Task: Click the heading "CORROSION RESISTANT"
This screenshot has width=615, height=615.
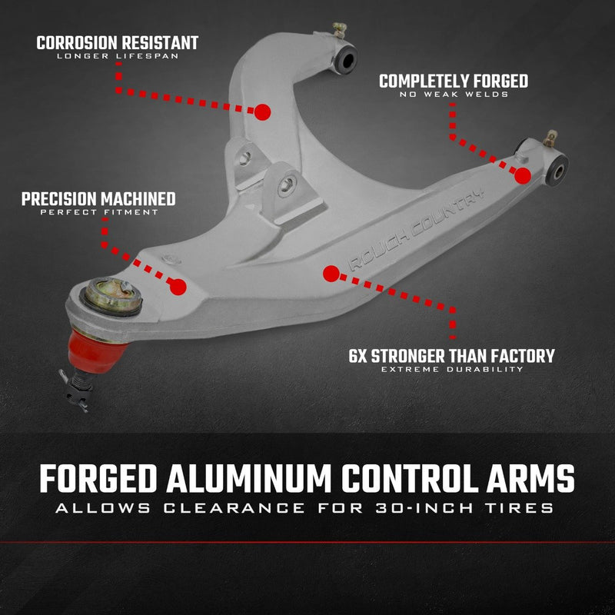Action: point(117,42)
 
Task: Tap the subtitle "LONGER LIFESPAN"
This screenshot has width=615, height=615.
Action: point(117,57)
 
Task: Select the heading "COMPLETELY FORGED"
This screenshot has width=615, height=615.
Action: point(454,81)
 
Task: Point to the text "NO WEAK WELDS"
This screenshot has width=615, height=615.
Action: point(454,95)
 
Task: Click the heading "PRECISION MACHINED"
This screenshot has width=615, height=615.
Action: point(98,199)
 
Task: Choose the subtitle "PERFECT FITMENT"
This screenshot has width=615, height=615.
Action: point(98,212)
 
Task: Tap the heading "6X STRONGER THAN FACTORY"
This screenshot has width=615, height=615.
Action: point(451,356)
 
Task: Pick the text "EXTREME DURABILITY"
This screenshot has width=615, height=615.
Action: point(451,370)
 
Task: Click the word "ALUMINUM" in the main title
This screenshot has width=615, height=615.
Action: point(256,479)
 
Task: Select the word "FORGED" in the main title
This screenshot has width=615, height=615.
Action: point(99,479)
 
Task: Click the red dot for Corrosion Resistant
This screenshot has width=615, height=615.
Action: point(262,112)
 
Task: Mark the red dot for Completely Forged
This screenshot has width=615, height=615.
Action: point(523,175)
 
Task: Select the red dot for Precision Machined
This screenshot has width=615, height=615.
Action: point(178,287)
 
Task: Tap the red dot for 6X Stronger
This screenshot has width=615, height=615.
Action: point(331,273)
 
